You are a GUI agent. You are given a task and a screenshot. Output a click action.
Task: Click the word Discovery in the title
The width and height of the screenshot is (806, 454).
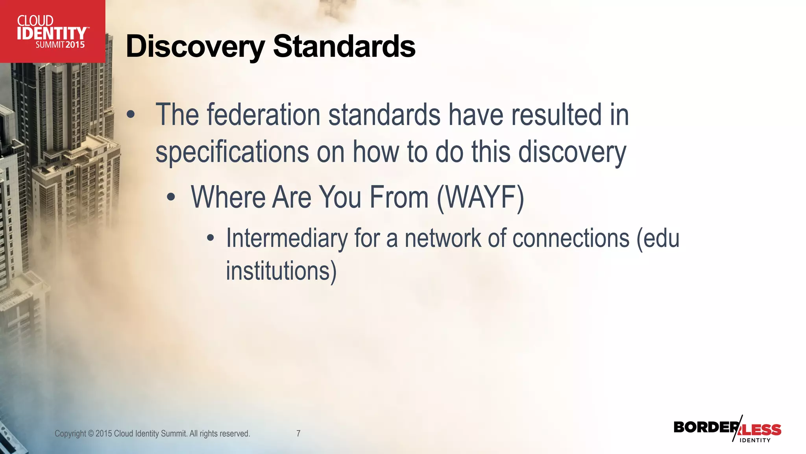click(x=195, y=47)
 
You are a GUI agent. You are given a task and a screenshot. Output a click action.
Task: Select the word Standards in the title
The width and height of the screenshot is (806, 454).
click(x=344, y=47)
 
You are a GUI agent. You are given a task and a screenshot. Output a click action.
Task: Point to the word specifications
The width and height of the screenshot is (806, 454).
click(x=232, y=152)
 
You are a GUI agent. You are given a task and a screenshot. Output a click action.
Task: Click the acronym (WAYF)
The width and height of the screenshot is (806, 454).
click(x=481, y=197)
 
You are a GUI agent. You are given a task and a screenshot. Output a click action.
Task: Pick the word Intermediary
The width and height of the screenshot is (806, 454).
click(x=287, y=238)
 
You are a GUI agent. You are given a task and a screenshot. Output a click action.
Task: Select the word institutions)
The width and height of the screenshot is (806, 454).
click(x=281, y=271)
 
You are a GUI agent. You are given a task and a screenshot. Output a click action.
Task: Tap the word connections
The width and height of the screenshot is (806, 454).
click(x=559, y=238)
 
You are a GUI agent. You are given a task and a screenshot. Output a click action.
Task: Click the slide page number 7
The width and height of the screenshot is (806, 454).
click(x=298, y=434)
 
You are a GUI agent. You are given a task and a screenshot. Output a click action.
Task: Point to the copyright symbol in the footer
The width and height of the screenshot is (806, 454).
click(x=91, y=434)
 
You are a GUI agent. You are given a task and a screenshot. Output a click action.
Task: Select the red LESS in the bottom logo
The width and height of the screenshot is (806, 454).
click(x=762, y=430)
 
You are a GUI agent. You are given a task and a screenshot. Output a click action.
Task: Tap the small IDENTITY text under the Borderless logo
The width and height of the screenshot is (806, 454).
click(x=755, y=440)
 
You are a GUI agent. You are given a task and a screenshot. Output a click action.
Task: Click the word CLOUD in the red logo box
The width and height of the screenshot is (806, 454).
click(x=35, y=20)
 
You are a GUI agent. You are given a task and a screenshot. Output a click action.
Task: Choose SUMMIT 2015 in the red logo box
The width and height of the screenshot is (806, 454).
click(x=60, y=45)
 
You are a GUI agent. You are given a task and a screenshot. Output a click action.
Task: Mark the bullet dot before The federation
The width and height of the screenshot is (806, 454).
click(x=131, y=115)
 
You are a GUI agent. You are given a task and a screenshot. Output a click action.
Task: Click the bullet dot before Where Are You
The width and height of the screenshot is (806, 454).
click(x=170, y=197)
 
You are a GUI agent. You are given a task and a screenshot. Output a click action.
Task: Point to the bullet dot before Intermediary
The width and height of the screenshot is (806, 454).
click(x=211, y=238)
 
